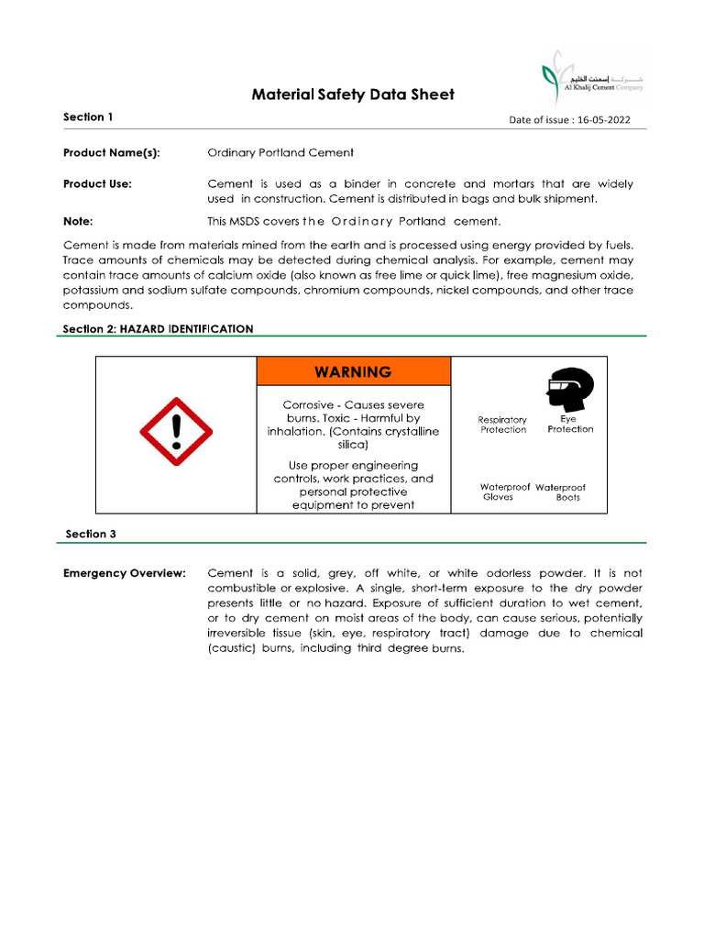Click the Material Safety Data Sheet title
(x=353, y=94)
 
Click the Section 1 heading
(x=88, y=117)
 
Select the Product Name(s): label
(x=111, y=152)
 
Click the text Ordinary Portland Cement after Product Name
(x=280, y=152)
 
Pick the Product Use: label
(x=97, y=184)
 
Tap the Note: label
(x=78, y=221)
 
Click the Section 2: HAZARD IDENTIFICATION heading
(x=158, y=328)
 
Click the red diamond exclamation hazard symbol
(x=176, y=432)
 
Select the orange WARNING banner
(x=353, y=371)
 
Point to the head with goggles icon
(x=568, y=391)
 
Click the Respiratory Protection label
(x=502, y=425)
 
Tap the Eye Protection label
(x=570, y=424)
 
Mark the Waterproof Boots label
(x=563, y=492)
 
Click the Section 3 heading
(x=90, y=534)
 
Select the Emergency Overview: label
(x=125, y=573)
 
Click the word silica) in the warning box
(x=353, y=445)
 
